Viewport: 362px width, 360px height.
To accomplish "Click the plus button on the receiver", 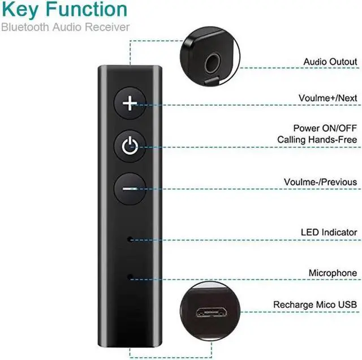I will click(131, 103).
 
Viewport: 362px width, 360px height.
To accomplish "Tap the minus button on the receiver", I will click(130, 188).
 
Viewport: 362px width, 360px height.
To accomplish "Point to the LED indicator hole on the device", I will click(130, 239).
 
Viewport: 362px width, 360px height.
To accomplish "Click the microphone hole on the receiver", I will click(130, 276).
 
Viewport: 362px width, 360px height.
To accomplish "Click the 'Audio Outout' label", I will click(330, 62).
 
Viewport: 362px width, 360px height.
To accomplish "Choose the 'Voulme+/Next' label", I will click(327, 98).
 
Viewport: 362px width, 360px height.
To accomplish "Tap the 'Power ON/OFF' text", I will click(325, 128).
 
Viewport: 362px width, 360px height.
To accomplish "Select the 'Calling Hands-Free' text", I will click(317, 139).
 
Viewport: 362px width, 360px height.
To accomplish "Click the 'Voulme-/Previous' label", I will click(320, 182).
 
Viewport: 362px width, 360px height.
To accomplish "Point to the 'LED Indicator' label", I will click(328, 233).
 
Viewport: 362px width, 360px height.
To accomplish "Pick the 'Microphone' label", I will click(333, 273).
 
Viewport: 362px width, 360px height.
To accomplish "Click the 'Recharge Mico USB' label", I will click(315, 305).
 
